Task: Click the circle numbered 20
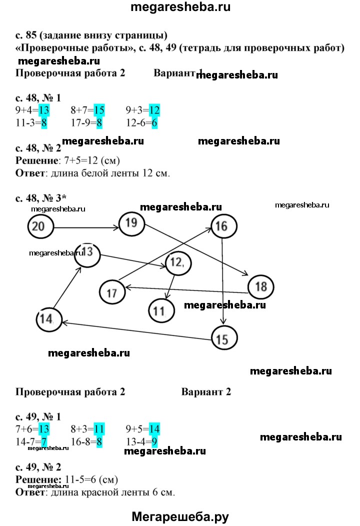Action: click(40, 226)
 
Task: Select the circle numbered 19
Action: click(131, 223)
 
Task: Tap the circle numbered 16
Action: click(223, 226)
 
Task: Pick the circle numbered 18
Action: click(260, 286)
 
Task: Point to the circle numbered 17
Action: click(112, 293)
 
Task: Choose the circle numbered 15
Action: click(223, 339)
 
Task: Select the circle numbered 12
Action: click(177, 262)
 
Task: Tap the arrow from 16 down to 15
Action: click(222, 280)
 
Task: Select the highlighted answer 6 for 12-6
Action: click(154, 123)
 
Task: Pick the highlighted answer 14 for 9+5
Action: click(154, 428)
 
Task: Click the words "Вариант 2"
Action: click(206, 391)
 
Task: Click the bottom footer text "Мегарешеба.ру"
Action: click(180, 516)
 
